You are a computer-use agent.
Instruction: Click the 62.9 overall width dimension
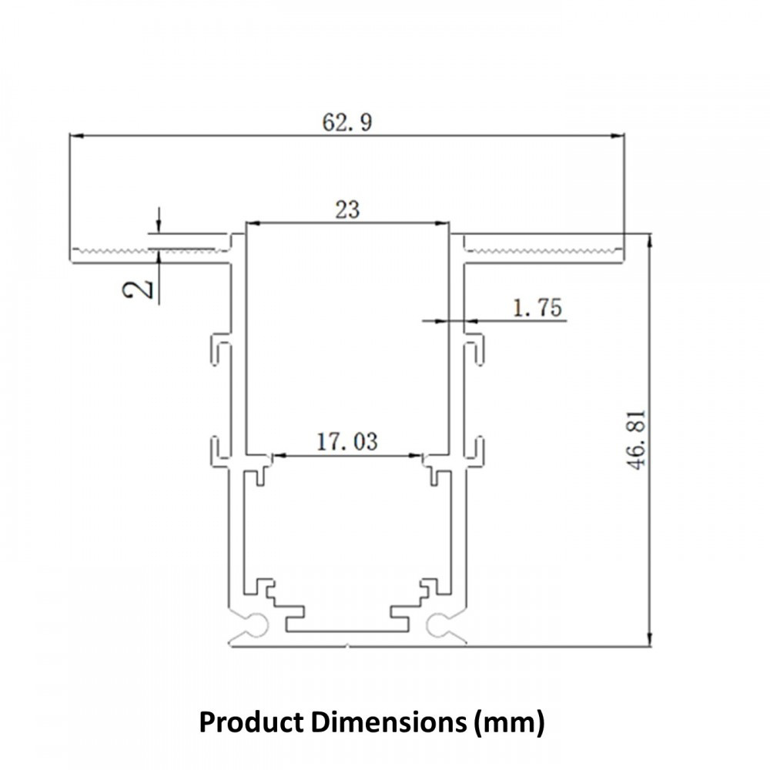pyautogui.click(x=346, y=122)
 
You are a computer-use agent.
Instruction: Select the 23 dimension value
pyautogui.click(x=347, y=209)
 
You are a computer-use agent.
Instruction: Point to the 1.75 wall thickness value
pyautogui.click(x=537, y=308)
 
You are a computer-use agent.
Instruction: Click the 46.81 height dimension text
pyautogui.click(x=638, y=441)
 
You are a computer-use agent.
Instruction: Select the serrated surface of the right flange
pyautogui.click(x=543, y=251)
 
